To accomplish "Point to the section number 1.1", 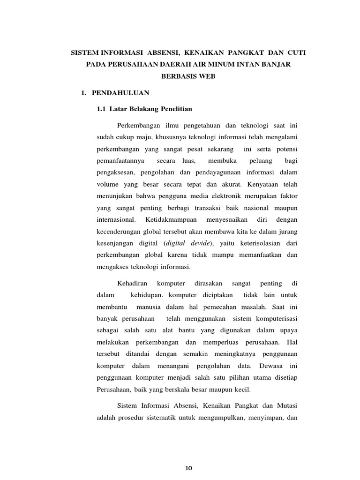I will click(x=102, y=109).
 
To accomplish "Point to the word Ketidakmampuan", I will click(x=169, y=219).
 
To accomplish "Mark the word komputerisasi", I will click(x=270, y=319).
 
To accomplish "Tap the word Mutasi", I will click(x=287, y=405).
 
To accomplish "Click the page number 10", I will click(x=189, y=468).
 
